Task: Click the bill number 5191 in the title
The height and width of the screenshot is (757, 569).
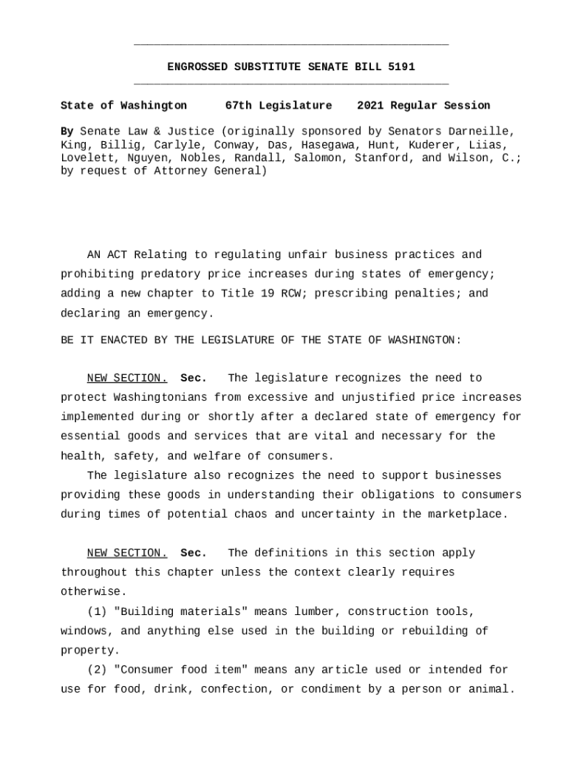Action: [x=401, y=67]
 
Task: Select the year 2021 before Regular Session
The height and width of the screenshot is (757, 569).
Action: [x=370, y=106]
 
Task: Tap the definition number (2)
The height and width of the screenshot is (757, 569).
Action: [x=97, y=671]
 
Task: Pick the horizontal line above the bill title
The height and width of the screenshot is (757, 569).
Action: [x=291, y=46]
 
